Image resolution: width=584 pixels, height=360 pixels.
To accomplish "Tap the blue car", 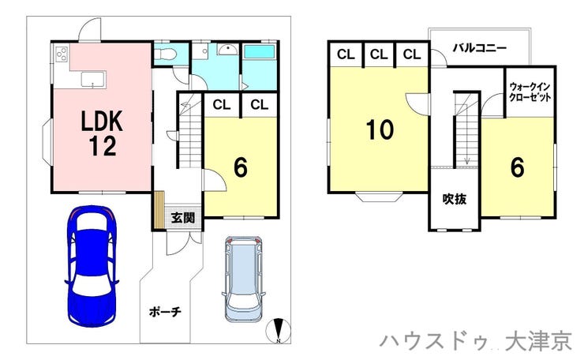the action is pos(92,266).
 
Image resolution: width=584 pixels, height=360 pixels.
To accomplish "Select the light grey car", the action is pos(243,278).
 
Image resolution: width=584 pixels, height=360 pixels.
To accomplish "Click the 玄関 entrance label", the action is pos(183,218).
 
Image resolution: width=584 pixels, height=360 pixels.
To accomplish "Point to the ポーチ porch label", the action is pos(165,312).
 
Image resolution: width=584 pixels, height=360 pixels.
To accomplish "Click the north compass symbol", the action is pos(279,331).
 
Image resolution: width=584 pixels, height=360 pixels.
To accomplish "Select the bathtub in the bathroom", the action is pos(259,51).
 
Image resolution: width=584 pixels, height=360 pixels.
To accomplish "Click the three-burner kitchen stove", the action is pos(62,54).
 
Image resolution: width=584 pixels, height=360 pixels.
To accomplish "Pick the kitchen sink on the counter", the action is pos(93,79).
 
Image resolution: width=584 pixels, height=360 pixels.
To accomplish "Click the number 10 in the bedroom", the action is pos(380,129).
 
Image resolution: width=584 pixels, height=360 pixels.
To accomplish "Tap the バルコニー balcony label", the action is pos(480,48).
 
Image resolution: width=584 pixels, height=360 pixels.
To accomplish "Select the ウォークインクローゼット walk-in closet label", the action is pos(530,92).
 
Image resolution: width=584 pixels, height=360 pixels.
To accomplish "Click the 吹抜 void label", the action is pos(455,199).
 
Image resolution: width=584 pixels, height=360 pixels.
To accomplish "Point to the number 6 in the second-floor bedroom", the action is pos(518,167).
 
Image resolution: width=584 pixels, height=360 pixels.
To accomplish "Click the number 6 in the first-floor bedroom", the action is pos(240,167).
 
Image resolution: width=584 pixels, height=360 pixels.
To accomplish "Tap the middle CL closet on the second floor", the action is pos(379,54).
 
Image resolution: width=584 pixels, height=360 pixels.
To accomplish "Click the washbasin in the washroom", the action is pos(226,49).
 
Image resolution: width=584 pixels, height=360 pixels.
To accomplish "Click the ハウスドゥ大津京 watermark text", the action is pos(476,342).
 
